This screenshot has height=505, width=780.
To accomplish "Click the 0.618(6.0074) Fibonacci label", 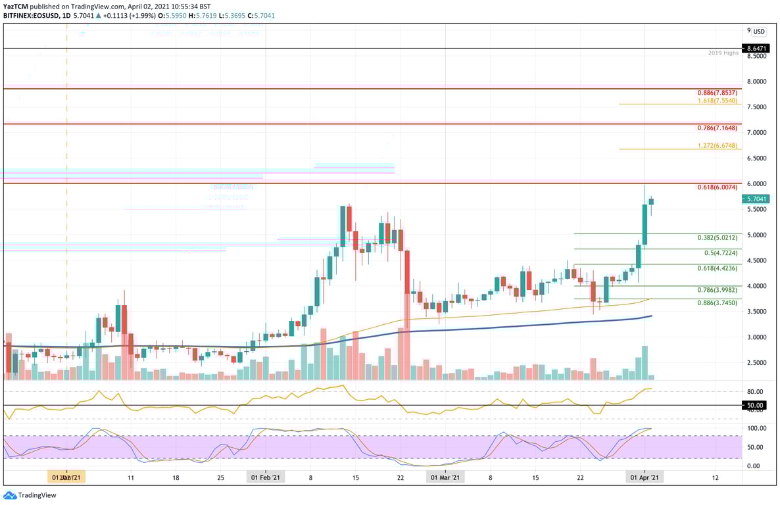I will pyautogui.click(x=719, y=188).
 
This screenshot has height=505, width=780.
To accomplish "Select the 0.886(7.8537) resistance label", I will pyautogui.click(x=719, y=93).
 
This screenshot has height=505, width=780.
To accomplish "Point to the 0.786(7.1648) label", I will pyautogui.click(x=719, y=128).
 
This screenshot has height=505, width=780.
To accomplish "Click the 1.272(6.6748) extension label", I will pyautogui.click(x=719, y=145).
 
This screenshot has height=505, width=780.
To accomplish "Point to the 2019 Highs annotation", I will pyautogui.click(x=723, y=53).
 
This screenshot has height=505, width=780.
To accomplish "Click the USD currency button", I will pyautogui.click(x=759, y=31).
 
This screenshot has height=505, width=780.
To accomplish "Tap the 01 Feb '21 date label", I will pyautogui.click(x=266, y=477).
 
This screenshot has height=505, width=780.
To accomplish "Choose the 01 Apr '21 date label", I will pyautogui.click(x=645, y=477).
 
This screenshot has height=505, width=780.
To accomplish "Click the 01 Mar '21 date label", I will pyautogui.click(x=445, y=477).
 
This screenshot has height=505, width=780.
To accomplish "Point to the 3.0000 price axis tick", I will pyautogui.click(x=758, y=337).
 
